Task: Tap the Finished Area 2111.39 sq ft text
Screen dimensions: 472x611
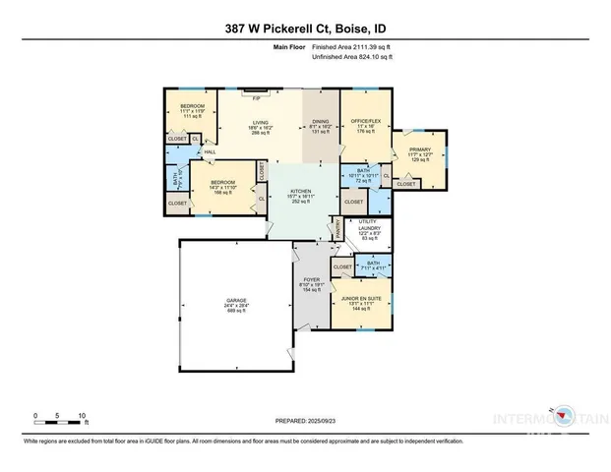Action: click(351, 47)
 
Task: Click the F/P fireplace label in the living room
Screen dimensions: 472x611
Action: click(256, 99)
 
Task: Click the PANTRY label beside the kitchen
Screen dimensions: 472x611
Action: click(336, 228)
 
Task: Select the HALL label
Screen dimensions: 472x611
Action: click(211, 151)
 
